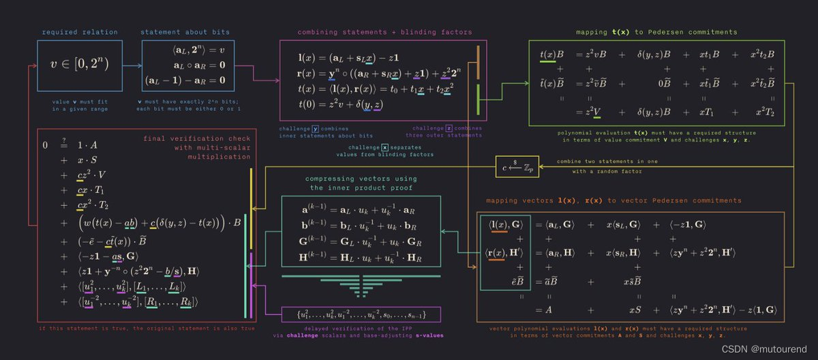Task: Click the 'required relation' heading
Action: point(80,32)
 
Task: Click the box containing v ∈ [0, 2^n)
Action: point(80,65)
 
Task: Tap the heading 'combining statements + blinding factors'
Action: point(384,32)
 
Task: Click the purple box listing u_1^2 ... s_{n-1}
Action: point(361,315)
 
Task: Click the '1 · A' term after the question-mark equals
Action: point(89,145)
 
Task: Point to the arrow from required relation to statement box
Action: point(132,65)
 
